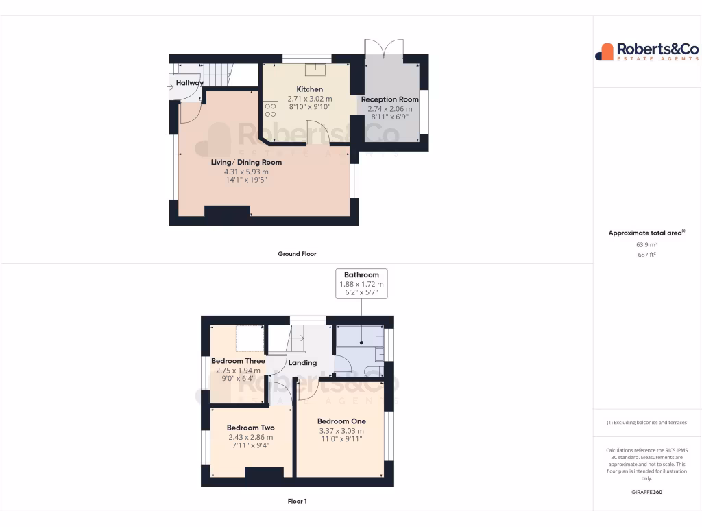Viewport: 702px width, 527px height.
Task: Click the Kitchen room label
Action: coord(309,89)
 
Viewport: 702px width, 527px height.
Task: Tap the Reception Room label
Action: coord(389,99)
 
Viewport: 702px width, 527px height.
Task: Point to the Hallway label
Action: coord(189,83)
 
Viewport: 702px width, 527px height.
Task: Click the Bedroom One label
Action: coord(341,421)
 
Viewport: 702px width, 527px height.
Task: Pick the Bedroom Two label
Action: coord(250,428)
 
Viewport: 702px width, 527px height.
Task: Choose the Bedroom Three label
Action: coord(238,361)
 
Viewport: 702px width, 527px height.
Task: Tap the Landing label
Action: coord(302,362)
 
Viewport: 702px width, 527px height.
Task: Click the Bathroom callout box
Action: coord(361,283)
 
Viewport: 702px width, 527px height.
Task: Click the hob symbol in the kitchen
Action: coord(270,110)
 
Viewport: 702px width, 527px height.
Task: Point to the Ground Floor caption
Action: coord(297,254)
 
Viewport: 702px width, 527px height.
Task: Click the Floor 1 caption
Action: coord(297,502)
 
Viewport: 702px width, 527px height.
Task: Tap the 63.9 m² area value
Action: coord(646,244)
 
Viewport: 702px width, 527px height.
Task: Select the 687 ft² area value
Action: coord(646,255)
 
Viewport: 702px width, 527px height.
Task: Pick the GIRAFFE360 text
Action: coord(646,492)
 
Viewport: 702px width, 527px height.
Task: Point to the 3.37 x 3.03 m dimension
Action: coord(341,431)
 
